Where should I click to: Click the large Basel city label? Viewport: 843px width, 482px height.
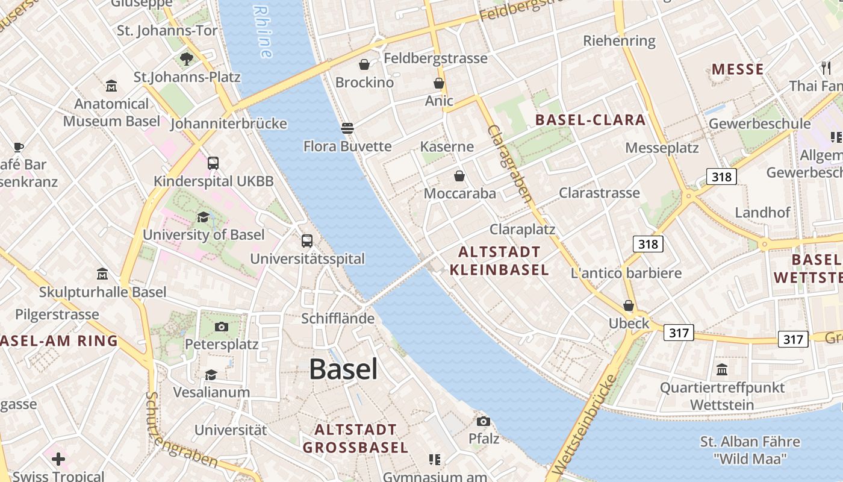pyautogui.click(x=343, y=369)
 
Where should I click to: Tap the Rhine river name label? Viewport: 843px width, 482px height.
pyautogui.click(x=264, y=31)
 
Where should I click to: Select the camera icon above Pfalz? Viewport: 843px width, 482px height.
pyautogui.click(x=483, y=421)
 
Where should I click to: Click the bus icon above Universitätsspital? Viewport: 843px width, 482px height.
pyautogui.click(x=307, y=241)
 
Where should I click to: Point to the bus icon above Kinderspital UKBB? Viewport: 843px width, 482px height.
pyautogui.click(x=213, y=163)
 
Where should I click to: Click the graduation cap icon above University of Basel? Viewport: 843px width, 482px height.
pyautogui.click(x=203, y=217)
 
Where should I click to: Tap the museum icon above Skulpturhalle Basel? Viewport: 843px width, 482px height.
pyautogui.click(x=102, y=274)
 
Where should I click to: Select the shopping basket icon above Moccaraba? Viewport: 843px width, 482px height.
pyautogui.click(x=459, y=176)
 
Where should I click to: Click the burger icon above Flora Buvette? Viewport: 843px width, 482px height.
pyautogui.click(x=347, y=128)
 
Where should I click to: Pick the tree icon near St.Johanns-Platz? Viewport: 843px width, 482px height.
pyautogui.click(x=187, y=58)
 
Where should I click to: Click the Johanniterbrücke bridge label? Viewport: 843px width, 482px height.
pyautogui.click(x=228, y=124)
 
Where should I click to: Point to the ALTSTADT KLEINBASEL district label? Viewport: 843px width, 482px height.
pyautogui.click(x=499, y=260)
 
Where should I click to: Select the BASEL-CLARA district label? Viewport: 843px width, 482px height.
pyautogui.click(x=590, y=119)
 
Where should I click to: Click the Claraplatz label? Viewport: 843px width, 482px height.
pyautogui.click(x=522, y=230)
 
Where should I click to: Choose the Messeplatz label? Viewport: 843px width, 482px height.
pyautogui.click(x=662, y=148)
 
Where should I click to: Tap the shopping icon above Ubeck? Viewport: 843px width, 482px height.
pyautogui.click(x=629, y=305)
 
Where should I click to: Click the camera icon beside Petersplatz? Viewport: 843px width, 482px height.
pyautogui.click(x=222, y=327)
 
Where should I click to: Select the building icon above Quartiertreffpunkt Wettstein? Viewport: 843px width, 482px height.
pyautogui.click(x=722, y=369)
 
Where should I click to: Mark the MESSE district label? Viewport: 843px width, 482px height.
pyautogui.click(x=738, y=69)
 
